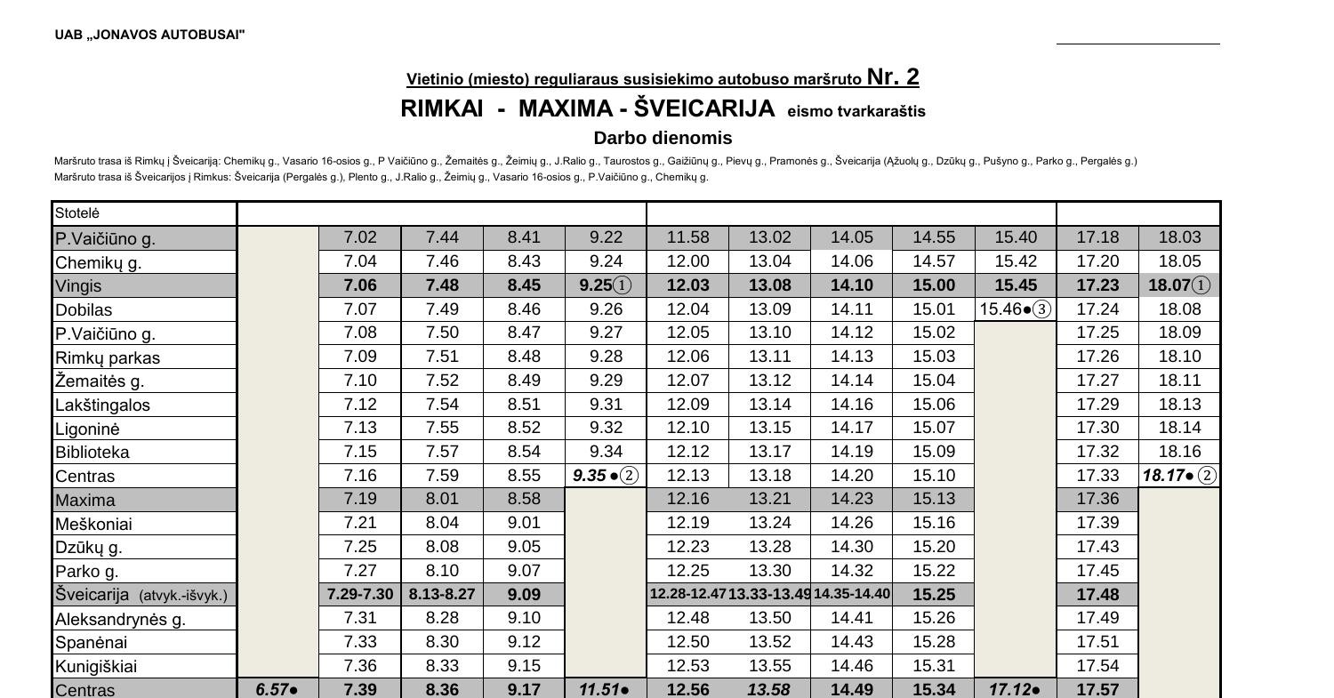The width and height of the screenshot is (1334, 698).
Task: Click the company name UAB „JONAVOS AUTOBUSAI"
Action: click(149, 35)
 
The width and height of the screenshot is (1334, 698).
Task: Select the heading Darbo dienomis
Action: click(663, 138)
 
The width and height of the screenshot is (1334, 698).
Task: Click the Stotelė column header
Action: click(78, 213)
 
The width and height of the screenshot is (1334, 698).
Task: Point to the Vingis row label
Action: click(78, 286)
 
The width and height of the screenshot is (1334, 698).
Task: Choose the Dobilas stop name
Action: click(84, 310)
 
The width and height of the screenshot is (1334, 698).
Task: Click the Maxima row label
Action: click(84, 500)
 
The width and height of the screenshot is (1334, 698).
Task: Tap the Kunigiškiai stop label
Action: click(96, 666)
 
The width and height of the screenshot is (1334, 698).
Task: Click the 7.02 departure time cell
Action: click(360, 237)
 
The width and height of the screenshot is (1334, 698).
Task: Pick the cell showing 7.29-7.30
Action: click(360, 594)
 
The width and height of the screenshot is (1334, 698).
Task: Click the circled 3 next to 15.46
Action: click(1041, 309)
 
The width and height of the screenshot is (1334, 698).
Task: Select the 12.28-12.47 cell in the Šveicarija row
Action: click(687, 594)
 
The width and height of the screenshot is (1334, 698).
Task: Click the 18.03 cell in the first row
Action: click(1179, 237)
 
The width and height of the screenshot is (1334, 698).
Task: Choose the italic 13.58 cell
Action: click(769, 690)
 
